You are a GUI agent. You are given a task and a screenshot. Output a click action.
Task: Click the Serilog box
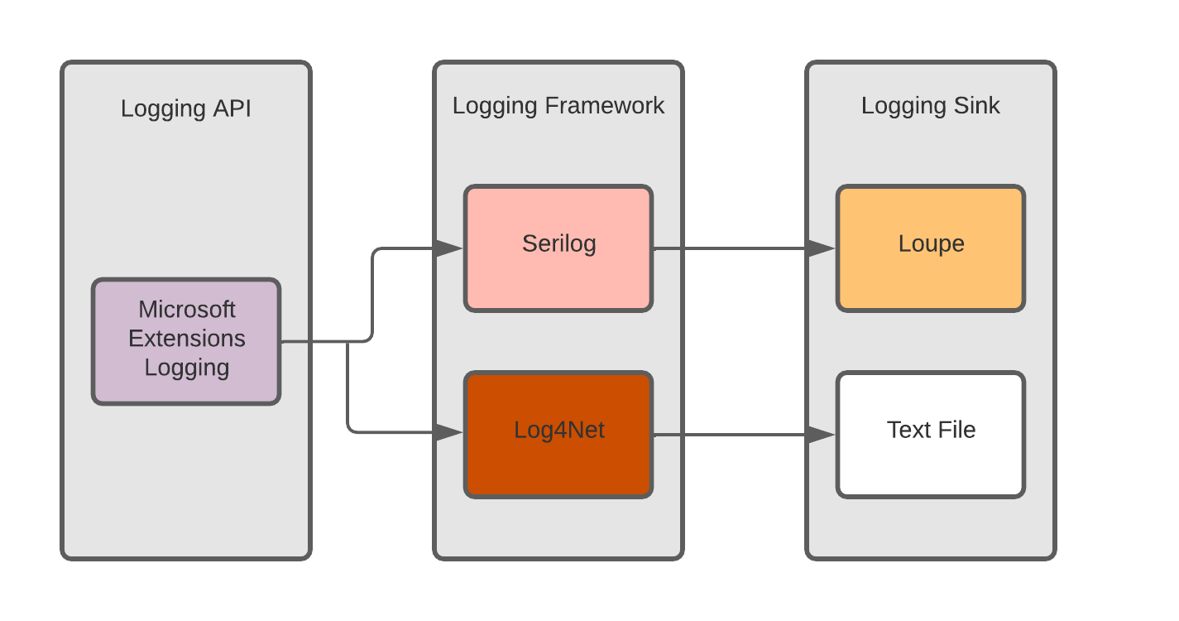pos(558,248)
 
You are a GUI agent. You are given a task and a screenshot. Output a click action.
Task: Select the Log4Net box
pos(558,435)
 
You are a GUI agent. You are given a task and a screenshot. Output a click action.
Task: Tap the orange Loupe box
pos(931,248)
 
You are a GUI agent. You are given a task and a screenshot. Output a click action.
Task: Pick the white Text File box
pos(931,435)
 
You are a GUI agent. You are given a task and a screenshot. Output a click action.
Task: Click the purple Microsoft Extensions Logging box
pos(186,341)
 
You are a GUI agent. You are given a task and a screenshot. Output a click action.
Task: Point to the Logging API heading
pos(186,108)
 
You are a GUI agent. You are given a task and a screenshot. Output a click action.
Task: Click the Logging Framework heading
pos(558,106)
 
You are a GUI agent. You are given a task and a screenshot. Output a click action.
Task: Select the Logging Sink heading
pos(931,106)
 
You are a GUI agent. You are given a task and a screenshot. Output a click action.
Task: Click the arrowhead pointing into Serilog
pos(449,248)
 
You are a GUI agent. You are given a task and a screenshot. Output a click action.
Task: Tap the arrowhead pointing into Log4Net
pos(449,432)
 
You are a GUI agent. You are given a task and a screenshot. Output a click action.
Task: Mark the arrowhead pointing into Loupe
pos(822,248)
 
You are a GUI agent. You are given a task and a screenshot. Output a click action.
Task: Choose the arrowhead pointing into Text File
pos(822,434)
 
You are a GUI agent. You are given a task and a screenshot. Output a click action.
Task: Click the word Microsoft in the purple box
pos(187,310)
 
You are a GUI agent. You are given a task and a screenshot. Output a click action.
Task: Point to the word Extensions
pos(187,339)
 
